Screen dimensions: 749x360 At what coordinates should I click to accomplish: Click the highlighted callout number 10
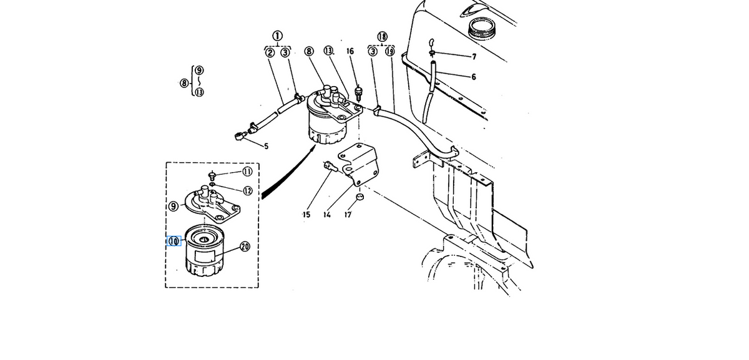[174, 241]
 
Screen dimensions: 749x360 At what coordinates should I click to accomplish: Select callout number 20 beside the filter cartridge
[245, 246]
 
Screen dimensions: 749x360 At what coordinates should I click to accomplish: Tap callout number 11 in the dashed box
[247, 172]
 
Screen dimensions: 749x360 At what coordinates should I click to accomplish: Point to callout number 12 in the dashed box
[247, 191]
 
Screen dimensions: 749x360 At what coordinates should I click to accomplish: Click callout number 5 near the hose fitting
[266, 146]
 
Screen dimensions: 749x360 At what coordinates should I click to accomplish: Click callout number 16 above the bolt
[350, 51]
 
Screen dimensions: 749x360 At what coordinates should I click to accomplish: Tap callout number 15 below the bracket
[306, 215]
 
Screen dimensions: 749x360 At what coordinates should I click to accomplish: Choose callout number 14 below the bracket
[327, 215]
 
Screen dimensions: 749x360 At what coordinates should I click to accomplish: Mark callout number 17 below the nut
[348, 215]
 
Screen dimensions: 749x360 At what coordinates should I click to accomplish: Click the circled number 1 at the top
[277, 36]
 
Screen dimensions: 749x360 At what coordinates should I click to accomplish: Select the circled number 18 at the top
[382, 36]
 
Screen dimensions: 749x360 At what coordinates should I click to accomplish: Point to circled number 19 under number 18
[390, 52]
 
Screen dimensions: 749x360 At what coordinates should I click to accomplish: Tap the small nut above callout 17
[360, 197]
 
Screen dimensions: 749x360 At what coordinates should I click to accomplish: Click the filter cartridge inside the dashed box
[204, 250]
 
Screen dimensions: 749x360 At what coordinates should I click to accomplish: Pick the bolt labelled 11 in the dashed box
[212, 175]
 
